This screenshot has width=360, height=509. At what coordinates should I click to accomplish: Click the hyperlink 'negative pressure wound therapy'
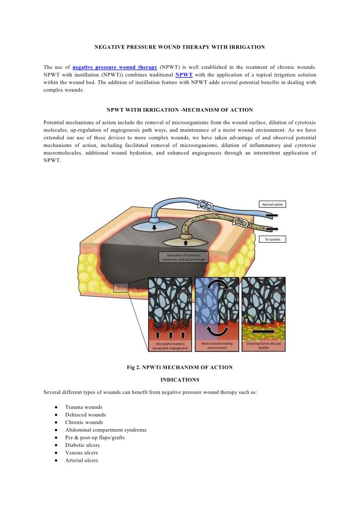pyautogui.click(x=115, y=68)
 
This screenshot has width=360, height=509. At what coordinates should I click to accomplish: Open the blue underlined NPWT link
pyautogui.click(x=184, y=75)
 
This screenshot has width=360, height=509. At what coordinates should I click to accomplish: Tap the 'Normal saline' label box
pyautogui.click(x=272, y=205)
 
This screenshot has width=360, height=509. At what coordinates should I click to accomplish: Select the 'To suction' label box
pyautogui.click(x=272, y=240)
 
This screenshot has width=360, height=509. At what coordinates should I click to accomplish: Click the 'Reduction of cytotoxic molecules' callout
pyautogui.click(x=184, y=257)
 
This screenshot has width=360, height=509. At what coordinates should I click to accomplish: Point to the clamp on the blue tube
pyautogui.click(x=206, y=205)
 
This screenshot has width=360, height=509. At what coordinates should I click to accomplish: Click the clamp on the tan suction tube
pyautogui.click(x=241, y=222)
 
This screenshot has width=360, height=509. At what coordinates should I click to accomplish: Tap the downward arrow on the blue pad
pyautogui.click(x=154, y=227)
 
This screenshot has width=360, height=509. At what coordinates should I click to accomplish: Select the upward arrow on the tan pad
pyautogui.click(x=185, y=243)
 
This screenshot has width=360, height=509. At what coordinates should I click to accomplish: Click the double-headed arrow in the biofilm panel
pyautogui.click(x=264, y=332)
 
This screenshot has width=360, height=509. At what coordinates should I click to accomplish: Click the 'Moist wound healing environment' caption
pyautogui.click(x=217, y=346)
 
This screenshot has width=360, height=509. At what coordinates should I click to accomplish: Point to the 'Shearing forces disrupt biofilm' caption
pyautogui.click(x=264, y=346)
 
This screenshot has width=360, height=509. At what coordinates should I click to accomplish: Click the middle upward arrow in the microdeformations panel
pyautogui.click(x=170, y=335)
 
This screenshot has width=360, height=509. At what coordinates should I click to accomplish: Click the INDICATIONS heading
pyautogui.click(x=180, y=380)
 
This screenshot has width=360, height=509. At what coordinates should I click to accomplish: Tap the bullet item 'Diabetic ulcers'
pyautogui.click(x=83, y=445)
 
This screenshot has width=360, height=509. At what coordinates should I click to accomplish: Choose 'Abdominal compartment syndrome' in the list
pyautogui.click(x=106, y=430)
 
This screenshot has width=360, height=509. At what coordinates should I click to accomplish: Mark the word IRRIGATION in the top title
pyautogui.click(x=247, y=47)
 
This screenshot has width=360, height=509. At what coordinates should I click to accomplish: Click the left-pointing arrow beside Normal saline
pyautogui.click(x=272, y=215)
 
